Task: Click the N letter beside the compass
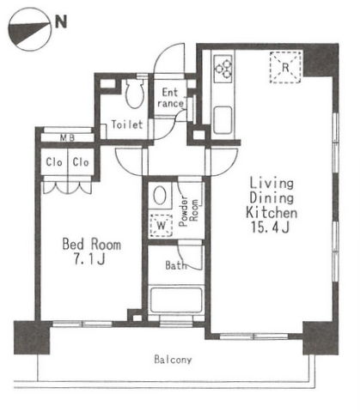pos(61,21)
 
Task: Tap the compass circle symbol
pos(29,29)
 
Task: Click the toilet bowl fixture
pos(135,93)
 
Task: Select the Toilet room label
pos(127,124)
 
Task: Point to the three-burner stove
pos(223,69)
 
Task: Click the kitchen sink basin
pos(223,120)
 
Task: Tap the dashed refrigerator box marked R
pos(285,68)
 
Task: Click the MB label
pos(67,138)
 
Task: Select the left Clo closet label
pos(54,162)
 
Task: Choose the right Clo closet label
pos(81,162)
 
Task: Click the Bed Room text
pos(92,245)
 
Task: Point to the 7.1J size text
pos(89,259)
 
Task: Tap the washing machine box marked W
pos(162,226)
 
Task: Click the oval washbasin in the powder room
pos(160,196)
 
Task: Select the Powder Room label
pos(188,211)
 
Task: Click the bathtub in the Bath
pos(176,300)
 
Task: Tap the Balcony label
pos(173,360)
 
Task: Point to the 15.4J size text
pos(270,227)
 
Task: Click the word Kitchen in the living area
pos(272,213)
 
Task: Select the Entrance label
pos(170,98)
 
